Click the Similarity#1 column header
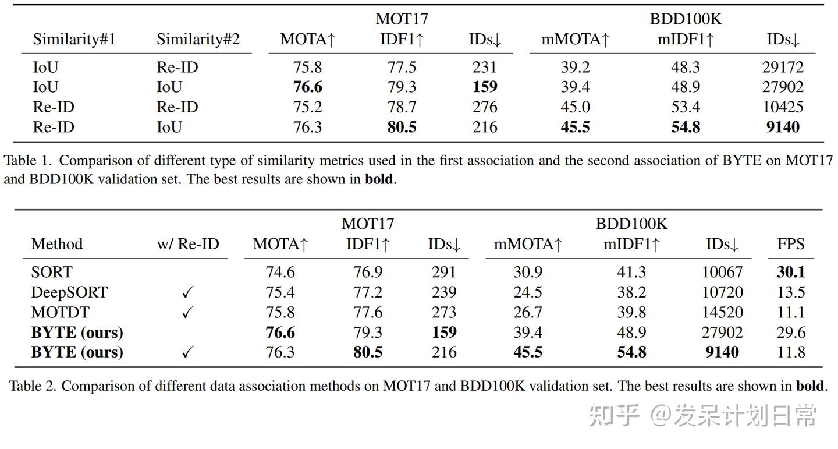pos(74,40)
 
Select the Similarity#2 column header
pos(198,40)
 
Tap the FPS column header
pos(790,244)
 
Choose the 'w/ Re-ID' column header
pos(188,244)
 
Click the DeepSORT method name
pos(69,292)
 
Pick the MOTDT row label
pos(60,313)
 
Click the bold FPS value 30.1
pos(790,272)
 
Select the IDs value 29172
pos(782,68)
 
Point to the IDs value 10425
pos(782,107)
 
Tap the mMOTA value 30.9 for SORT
pos(528,272)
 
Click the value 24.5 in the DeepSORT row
pos(528,292)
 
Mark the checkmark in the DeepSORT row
pos(187,293)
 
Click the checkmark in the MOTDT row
pos(187,313)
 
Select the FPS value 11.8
pos(790,352)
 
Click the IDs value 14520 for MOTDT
pos(722,313)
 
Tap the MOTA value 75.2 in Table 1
pos(308,107)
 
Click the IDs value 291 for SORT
pos(444,272)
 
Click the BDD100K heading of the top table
pos(685,19)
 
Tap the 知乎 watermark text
pos(615,415)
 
